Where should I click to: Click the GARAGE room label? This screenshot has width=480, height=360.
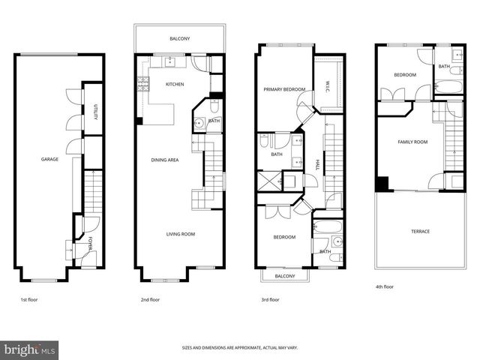click(x=49, y=160)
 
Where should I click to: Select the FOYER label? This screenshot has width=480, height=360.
click(x=91, y=243)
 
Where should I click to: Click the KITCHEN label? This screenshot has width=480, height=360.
click(x=175, y=84)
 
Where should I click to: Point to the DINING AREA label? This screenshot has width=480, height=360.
click(x=165, y=160)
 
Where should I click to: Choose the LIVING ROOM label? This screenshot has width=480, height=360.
click(x=181, y=234)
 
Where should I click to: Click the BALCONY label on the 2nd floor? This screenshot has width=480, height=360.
click(x=179, y=39)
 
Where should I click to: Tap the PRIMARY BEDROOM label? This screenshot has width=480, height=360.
click(x=284, y=89)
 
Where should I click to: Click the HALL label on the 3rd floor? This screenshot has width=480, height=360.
click(x=318, y=164)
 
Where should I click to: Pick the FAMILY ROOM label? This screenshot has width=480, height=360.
click(x=412, y=141)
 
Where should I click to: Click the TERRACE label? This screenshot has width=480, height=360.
click(x=420, y=231)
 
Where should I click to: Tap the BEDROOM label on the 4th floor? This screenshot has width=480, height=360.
click(x=406, y=75)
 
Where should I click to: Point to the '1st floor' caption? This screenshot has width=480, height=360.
click(x=29, y=299)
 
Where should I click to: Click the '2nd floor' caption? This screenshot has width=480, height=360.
click(x=150, y=299)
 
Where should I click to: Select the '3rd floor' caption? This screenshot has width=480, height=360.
click(x=269, y=299)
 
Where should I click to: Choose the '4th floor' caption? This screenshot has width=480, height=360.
click(x=384, y=286)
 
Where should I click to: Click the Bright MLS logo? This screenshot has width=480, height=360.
click(x=30, y=349)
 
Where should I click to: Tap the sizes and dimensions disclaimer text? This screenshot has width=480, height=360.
click(x=240, y=348)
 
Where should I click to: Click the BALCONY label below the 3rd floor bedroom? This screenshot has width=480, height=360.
click(x=284, y=276)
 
